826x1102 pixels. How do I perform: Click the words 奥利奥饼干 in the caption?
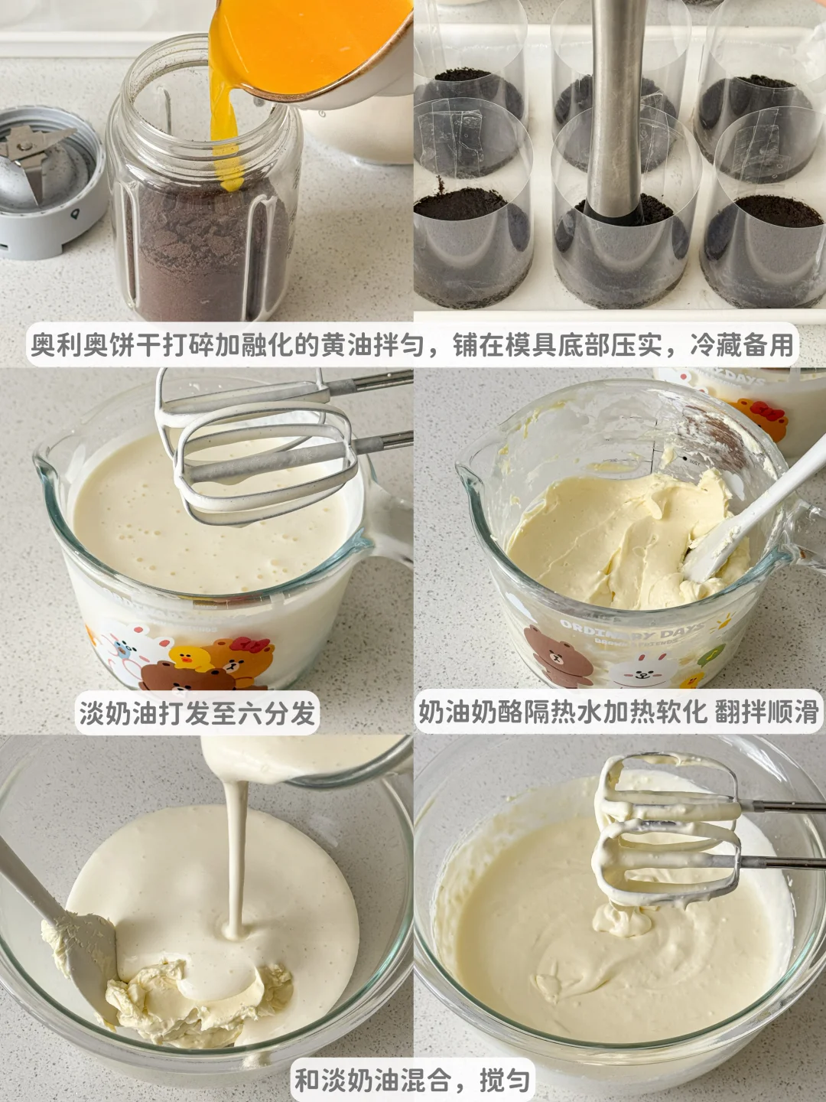pos(96,345)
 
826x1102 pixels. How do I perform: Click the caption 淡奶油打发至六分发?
pos(197,712)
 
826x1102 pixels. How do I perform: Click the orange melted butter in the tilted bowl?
pos(306,40)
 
